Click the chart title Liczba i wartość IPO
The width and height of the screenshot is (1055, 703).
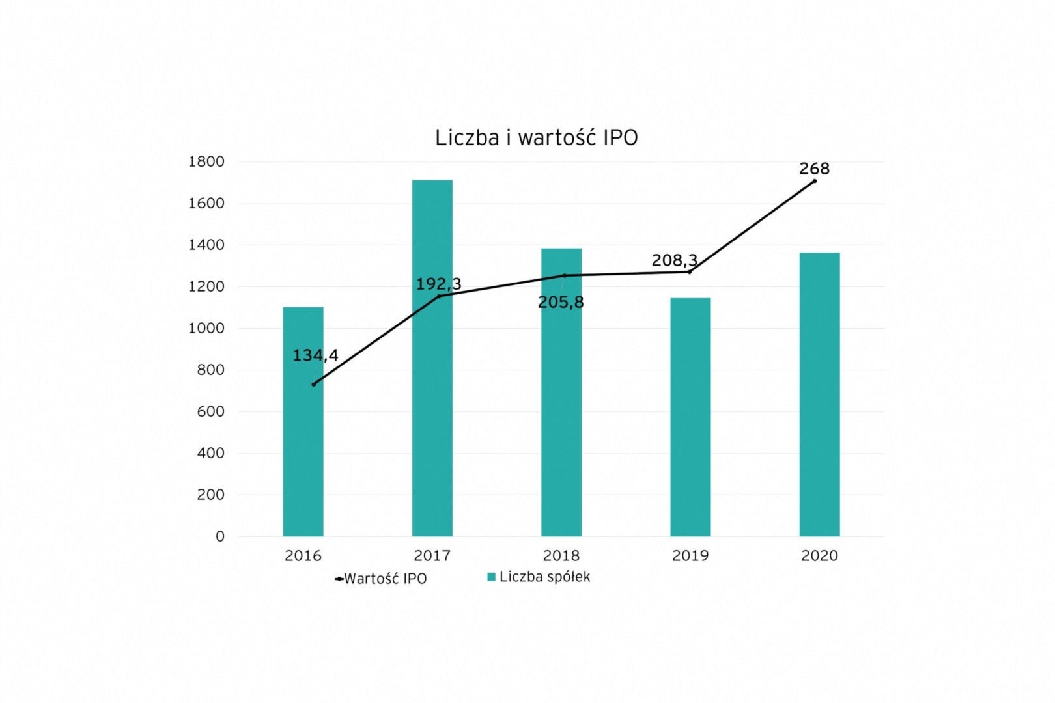pyautogui.click(x=536, y=138)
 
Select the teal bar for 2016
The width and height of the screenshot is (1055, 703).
pyautogui.click(x=303, y=443)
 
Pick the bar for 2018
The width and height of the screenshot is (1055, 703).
pyautogui.click(x=561, y=423)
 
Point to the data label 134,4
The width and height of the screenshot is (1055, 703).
pyautogui.click(x=315, y=355)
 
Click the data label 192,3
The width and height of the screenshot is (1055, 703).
pyautogui.click(x=438, y=284)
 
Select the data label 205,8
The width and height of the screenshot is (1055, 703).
pyautogui.click(x=561, y=303)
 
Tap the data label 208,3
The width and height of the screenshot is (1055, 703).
pyautogui.click(x=675, y=260)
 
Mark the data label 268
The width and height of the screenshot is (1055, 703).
pyautogui.click(x=814, y=169)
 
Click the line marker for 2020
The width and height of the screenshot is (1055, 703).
pyautogui.click(x=815, y=181)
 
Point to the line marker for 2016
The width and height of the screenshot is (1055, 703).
pyautogui.click(x=313, y=384)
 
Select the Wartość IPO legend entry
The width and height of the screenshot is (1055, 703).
pyautogui.click(x=381, y=579)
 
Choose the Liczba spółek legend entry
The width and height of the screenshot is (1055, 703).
pyautogui.click(x=539, y=577)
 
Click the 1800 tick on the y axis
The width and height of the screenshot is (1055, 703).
pyautogui.click(x=206, y=161)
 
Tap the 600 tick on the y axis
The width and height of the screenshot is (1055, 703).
pyautogui.click(x=210, y=411)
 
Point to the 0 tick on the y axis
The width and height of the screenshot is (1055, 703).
pyautogui.click(x=219, y=536)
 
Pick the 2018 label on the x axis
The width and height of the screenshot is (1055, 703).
pyautogui.click(x=561, y=556)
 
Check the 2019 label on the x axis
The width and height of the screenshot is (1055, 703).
pyautogui.click(x=690, y=556)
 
